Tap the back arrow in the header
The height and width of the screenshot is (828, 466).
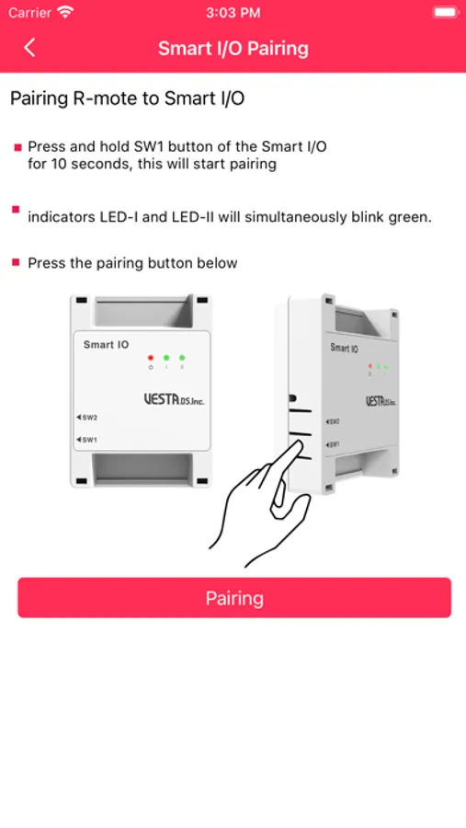[29, 48]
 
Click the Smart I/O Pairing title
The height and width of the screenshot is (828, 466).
[233, 48]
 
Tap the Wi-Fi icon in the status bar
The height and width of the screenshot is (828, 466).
[66, 12]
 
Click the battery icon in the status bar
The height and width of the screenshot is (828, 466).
[445, 12]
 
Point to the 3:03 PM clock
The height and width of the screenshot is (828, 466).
[233, 13]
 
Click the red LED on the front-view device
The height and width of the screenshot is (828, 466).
[151, 358]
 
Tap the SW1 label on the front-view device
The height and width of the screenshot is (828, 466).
[87, 440]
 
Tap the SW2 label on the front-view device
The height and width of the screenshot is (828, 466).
[87, 417]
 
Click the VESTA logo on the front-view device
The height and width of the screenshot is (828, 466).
[174, 399]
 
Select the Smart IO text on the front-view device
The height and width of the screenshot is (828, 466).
[106, 345]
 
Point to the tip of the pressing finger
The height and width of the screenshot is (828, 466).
[297, 443]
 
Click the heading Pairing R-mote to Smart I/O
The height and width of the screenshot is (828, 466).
[128, 98]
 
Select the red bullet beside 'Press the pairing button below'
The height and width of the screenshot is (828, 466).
[17, 262]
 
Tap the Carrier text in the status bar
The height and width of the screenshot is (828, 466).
[30, 13]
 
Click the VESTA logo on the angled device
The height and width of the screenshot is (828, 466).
[381, 401]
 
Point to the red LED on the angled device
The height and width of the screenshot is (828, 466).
[369, 366]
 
